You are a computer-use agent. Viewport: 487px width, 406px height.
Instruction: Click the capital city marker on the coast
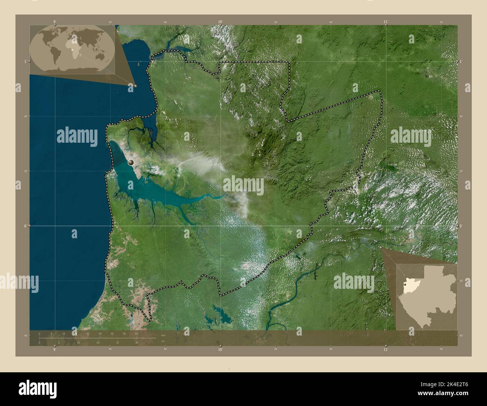pos(131,163)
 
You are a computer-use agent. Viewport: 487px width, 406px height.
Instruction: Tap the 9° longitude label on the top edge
pos(55,22)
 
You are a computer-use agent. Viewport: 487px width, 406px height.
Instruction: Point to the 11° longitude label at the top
pos(386,22)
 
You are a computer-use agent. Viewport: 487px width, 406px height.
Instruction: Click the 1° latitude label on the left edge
pos(25,61)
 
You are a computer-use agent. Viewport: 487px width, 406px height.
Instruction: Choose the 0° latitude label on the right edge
pos(461,226)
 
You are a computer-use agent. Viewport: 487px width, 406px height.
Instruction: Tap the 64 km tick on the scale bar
pos(137,333)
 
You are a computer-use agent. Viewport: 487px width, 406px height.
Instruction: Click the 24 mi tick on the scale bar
pos(98,342)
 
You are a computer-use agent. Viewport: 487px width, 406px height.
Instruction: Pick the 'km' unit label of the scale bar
pos(163,335)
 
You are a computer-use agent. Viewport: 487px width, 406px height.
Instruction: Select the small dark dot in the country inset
pos(405,289)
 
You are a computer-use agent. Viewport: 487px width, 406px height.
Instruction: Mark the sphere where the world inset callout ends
pos(135,86)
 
